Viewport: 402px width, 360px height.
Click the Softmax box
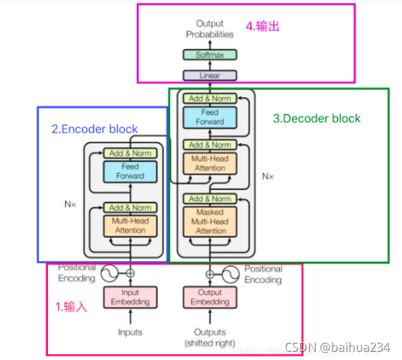coord(210,55)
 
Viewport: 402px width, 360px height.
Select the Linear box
coord(210,76)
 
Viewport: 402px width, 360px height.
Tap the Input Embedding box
coord(130,297)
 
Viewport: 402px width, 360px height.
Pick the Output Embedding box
coord(210,297)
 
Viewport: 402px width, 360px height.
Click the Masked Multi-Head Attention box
coord(210,222)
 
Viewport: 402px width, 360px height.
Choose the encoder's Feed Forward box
coord(130,171)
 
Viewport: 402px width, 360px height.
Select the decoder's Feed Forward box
coord(210,118)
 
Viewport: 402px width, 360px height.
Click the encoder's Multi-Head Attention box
coord(130,226)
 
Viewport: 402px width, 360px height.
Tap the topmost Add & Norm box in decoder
coord(210,99)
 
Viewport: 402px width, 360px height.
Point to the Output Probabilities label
coord(210,29)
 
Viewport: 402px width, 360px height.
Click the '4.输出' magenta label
coord(263,26)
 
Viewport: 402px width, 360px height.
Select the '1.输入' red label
coord(71,306)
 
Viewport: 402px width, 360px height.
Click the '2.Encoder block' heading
coord(94,129)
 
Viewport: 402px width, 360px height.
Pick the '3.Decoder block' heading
coord(317,118)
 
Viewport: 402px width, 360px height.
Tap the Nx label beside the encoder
coord(70,204)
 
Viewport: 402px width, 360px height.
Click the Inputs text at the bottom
coord(130,332)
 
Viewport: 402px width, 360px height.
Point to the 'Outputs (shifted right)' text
coord(210,338)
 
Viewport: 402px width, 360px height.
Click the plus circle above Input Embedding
coord(130,273)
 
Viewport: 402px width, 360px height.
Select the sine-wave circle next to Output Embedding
coord(231,275)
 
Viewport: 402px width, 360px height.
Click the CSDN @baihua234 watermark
coord(338,347)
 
